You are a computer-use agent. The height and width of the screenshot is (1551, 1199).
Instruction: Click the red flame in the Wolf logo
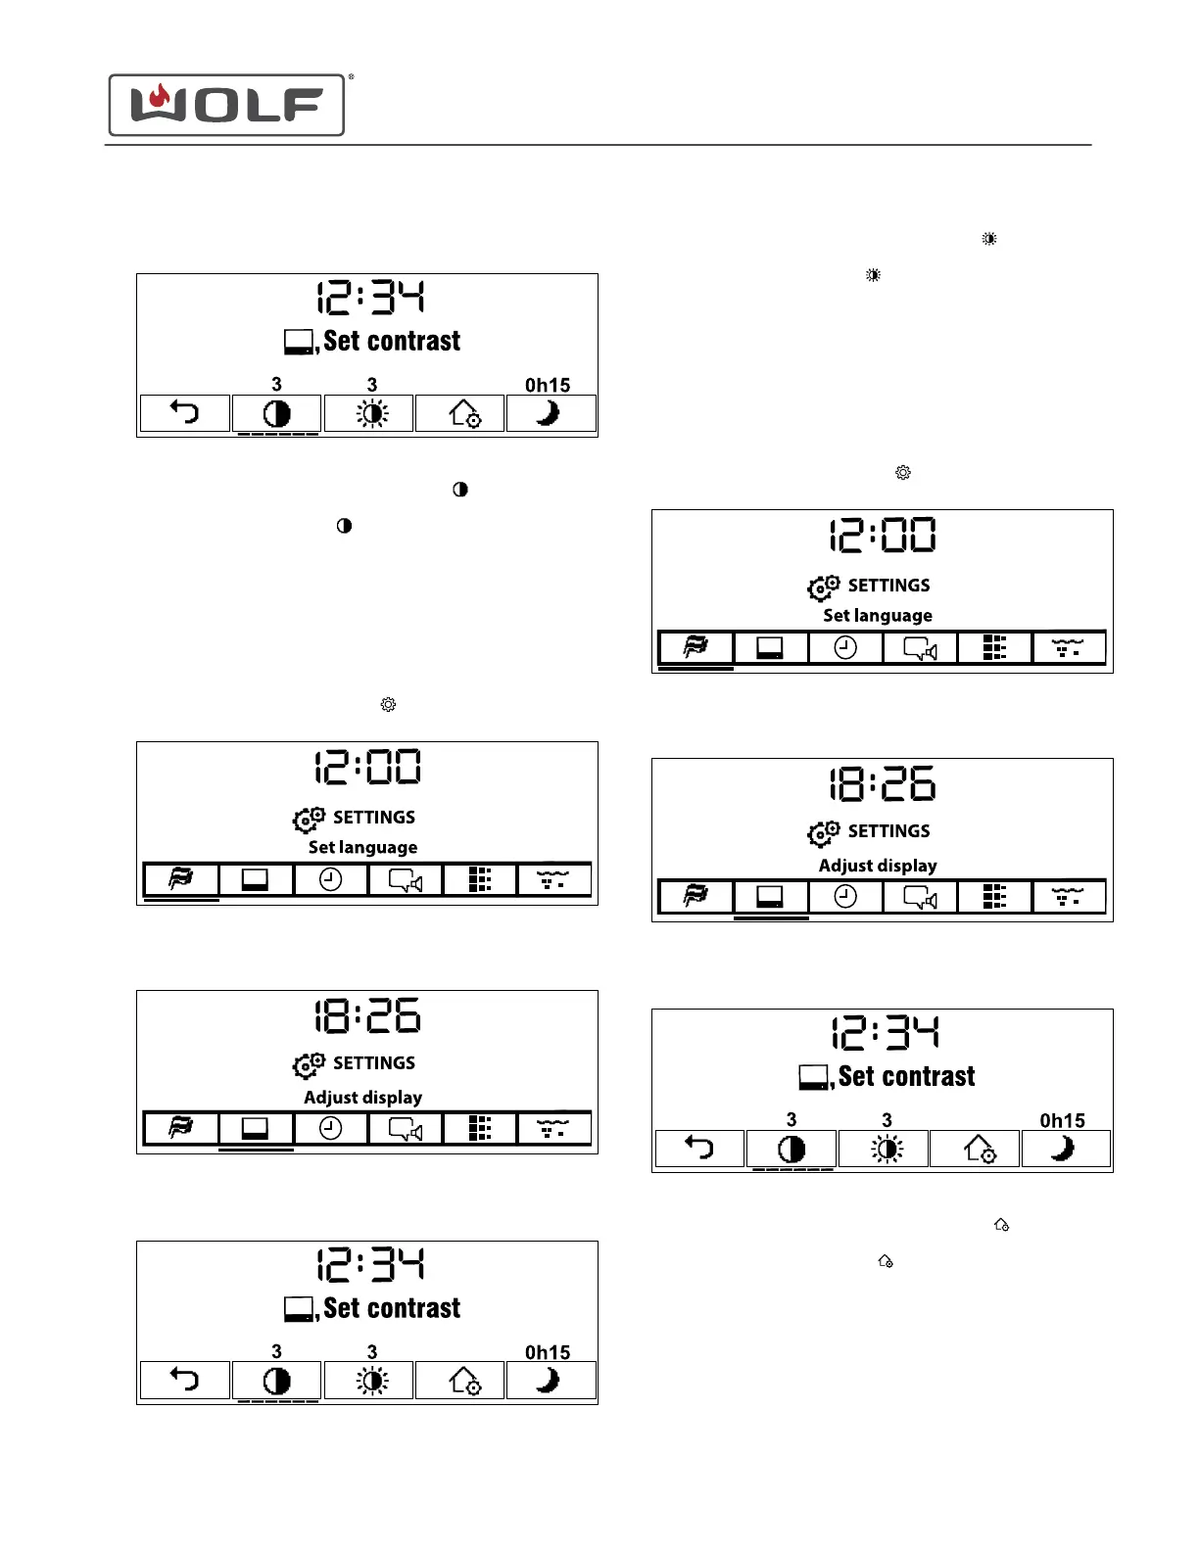(x=160, y=97)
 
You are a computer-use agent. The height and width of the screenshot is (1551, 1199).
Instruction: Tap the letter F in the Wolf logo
(x=304, y=105)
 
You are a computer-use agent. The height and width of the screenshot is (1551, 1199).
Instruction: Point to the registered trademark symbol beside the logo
(x=351, y=76)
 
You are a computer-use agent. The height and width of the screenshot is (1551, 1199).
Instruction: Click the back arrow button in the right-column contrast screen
(x=699, y=1148)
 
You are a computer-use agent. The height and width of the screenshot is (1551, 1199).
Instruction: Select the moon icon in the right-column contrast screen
(x=1065, y=1148)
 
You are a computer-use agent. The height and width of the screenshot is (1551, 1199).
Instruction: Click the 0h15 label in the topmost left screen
(x=547, y=385)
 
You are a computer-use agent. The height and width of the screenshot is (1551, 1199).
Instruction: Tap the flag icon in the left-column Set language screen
(x=181, y=879)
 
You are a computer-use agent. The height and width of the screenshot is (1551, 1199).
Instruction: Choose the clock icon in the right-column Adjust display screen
(x=845, y=896)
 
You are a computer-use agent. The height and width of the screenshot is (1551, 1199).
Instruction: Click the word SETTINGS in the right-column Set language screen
(x=888, y=586)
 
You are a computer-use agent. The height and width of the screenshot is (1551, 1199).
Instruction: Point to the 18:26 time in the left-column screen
(x=367, y=1015)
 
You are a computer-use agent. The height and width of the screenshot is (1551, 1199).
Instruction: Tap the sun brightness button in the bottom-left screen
(x=371, y=1381)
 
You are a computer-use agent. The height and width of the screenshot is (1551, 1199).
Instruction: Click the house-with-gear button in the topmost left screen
(x=463, y=413)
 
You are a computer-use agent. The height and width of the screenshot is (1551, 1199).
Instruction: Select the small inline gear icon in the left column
(x=388, y=704)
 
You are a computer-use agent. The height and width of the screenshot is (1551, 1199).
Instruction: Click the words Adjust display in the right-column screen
(x=878, y=866)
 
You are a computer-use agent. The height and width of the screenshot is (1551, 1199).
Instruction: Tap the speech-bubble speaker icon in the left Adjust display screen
(x=406, y=1129)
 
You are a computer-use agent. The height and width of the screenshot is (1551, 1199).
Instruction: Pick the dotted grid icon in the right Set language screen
(x=994, y=647)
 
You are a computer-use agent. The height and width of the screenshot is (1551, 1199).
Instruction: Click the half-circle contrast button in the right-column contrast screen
(x=791, y=1148)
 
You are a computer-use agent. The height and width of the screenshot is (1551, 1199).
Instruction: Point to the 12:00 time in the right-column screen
(x=883, y=536)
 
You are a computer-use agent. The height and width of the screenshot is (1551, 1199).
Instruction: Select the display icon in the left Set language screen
(x=255, y=879)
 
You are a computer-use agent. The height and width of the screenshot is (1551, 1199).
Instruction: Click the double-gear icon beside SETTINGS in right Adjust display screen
(x=823, y=833)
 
